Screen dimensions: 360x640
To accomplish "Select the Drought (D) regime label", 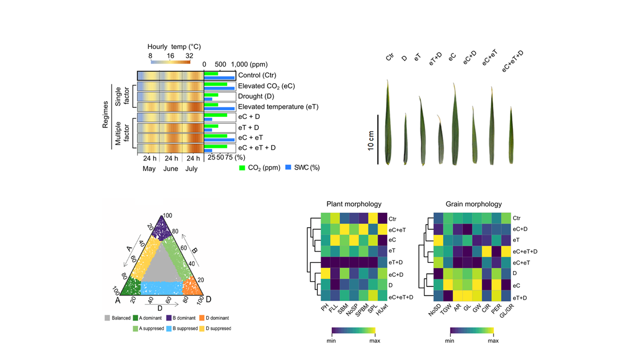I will [258, 97].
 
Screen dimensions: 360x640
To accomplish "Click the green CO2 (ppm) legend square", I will [243, 168].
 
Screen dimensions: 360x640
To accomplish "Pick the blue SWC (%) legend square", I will [289, 168].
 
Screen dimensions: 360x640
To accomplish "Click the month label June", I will [171, 169].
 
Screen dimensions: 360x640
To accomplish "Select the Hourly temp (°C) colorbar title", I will [174, 47].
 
